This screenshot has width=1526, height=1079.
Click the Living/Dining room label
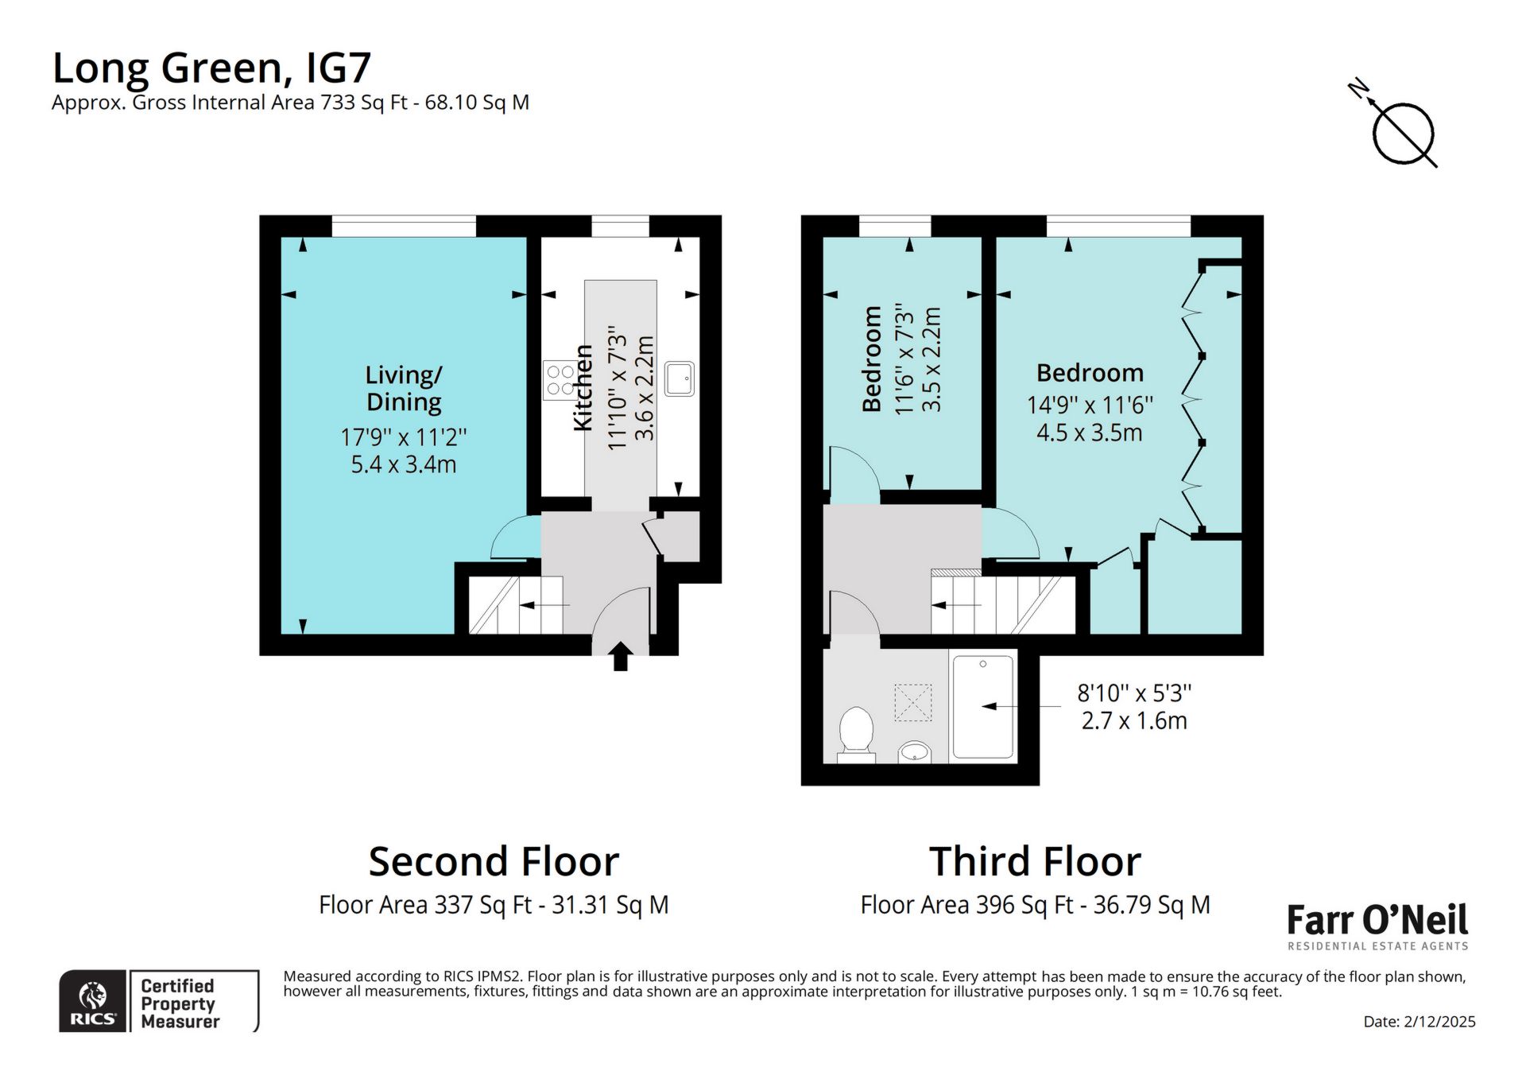point(404,388)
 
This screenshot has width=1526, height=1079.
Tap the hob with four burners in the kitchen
point(560,379)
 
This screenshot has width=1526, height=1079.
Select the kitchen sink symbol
point(680,379)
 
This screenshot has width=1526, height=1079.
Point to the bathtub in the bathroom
point(983,706)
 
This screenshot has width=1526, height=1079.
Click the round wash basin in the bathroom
point(915,751)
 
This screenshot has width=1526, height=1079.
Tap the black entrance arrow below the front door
point(621,658)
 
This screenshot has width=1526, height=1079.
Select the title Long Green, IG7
point(211,68)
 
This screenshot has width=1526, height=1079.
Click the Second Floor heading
point(494,862)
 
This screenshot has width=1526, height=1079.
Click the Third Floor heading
point(1035,862)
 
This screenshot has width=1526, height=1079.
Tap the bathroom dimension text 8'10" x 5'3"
point(1134,693)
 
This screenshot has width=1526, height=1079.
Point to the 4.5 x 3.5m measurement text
point(1089,433)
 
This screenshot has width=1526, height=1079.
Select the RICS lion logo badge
point(94,1002)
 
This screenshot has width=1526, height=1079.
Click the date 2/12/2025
point(1419,1022)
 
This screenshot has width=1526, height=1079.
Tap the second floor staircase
point(515,606)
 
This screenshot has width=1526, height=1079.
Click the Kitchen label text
point(584,388)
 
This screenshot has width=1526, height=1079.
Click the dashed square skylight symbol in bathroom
point(913,702)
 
